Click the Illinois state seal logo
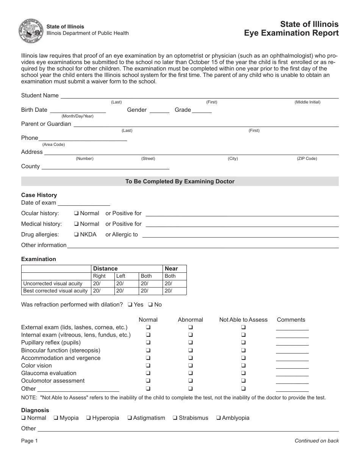pos(31,31)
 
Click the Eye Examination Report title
pos(291,33)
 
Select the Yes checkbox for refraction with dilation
pos(130,305)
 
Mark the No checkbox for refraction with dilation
pos(150,305)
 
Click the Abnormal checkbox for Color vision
pos(191,366)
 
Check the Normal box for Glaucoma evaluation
pos(148,373)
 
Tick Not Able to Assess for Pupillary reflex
pos(243,342)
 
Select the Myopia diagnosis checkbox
pos(55,418)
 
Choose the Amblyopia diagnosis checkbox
pos(219,418)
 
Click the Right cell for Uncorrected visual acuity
pos(103,283)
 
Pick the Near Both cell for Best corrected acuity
pos(174,291)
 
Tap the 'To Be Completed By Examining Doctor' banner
pos(180,181)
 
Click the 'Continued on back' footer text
pos(316,441)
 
